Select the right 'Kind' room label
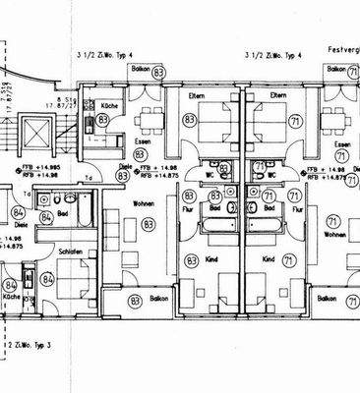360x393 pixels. (268, 260)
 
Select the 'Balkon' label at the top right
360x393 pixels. (335, 71)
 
